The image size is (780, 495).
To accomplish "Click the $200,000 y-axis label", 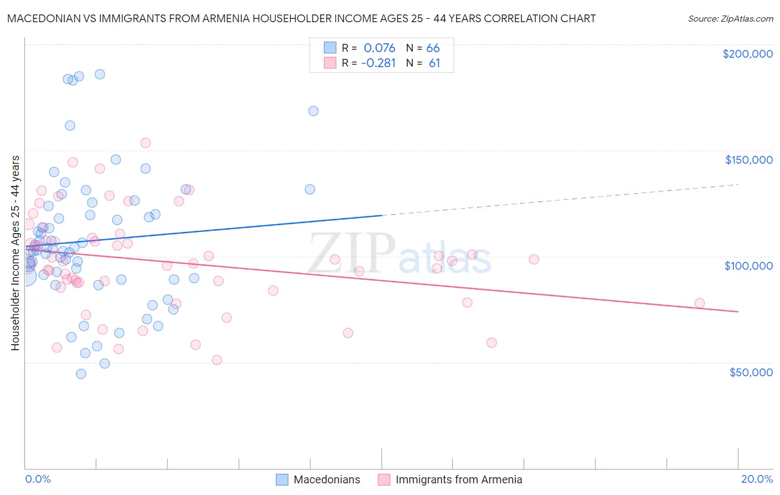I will coord(747,54).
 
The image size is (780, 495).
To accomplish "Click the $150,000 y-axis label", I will coord(748,160).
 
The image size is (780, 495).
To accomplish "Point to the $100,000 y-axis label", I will coord(748,266).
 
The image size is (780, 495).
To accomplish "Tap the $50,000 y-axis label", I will coord(751,372).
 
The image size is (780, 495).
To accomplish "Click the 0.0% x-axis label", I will coord(38,479).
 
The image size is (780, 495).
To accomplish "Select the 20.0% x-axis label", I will coord(757,479).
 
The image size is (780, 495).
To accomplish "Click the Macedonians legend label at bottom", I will coord(327,479).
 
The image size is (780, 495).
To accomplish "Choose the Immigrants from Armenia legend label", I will coord(459,479).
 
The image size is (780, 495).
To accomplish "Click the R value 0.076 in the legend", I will coord(379,48).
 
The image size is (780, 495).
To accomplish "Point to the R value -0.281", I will coord(378,63).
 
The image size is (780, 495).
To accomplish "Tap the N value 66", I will coord(433,48).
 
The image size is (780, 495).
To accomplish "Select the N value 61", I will coord(434,63).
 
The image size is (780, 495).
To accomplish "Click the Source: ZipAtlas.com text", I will coord(730,19).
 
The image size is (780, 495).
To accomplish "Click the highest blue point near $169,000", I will coord(313,111).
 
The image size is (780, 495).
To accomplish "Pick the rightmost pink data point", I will coord(700,303).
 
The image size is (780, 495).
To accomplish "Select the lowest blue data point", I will coord(81,374).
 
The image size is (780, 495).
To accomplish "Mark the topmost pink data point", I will coord(145,143).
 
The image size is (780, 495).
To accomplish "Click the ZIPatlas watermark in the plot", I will coord(399,254).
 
